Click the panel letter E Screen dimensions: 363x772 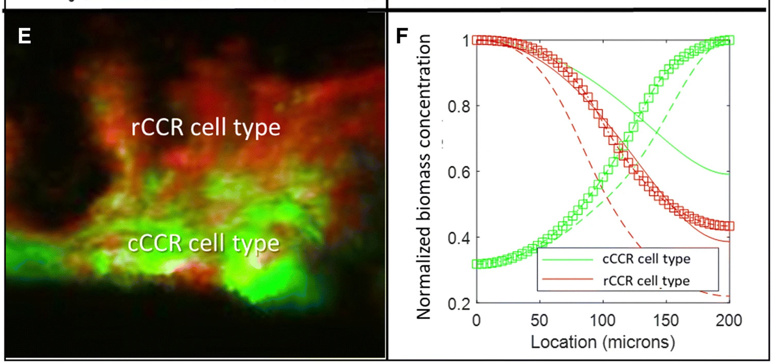24,36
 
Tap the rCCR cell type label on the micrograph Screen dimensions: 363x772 206,127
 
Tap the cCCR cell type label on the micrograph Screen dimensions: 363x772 203,243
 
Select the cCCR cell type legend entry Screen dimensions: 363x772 645,260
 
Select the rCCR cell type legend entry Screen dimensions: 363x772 645,281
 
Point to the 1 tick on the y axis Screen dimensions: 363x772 462,41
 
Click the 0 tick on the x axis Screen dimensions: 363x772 476,321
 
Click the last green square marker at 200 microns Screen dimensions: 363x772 729,40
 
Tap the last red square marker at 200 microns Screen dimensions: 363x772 729,226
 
